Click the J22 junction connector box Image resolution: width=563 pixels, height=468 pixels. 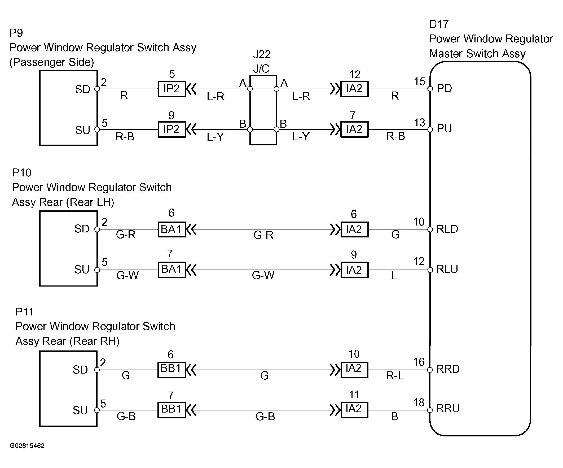click(263, 110)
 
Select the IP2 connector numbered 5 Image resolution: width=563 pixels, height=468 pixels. click(171, 89)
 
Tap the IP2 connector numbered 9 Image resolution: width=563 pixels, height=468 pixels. click(171, 129)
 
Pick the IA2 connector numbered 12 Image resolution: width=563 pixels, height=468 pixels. click(354, 89)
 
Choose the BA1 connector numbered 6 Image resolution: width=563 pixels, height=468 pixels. click(171, 229)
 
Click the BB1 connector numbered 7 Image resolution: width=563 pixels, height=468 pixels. click(171, 410)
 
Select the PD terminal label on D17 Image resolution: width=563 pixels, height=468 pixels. click(444, 88)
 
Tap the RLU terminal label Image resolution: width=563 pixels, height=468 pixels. click(447, 269)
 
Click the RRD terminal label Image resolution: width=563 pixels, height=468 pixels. click(448, 369)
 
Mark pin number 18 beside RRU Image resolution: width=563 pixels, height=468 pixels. click(419, 402)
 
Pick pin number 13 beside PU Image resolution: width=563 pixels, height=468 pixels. click(419, 123)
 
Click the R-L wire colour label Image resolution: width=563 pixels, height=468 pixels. click(395, 376)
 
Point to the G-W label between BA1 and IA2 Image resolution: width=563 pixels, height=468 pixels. click(263, 275)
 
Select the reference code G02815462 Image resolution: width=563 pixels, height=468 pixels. click(27, 446)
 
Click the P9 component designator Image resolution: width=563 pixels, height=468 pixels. click(16, 33)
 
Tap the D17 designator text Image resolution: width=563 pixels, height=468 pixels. click(439, 24)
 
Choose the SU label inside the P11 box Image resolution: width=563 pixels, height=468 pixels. click(80, 410)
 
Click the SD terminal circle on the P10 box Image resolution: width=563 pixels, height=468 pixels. click(97, 229)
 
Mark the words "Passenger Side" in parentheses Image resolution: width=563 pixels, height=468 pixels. click(51, 62)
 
